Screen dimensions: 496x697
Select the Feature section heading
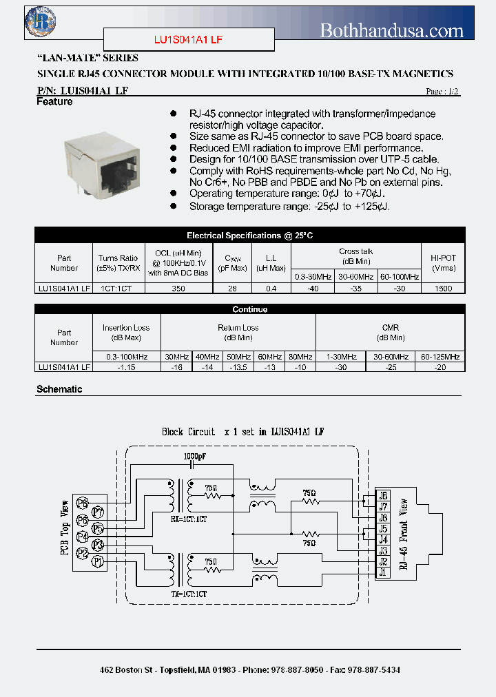point(54,102)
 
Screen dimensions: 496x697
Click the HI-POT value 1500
point(444,289)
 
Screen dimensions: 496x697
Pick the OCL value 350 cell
point(178,289)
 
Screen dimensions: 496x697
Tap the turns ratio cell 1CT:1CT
point(118,289)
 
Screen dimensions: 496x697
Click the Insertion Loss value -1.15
point(126,367)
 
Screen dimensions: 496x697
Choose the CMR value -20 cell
point(441,367)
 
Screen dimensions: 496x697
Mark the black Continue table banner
point(249,309)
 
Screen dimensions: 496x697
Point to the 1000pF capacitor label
point(194,456)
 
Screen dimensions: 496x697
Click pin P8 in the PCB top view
point(83,502)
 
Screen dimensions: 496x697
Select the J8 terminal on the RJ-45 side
point(383,495)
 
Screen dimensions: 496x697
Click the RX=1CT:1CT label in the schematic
point(188,519)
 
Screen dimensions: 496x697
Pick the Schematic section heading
point(59,389)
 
